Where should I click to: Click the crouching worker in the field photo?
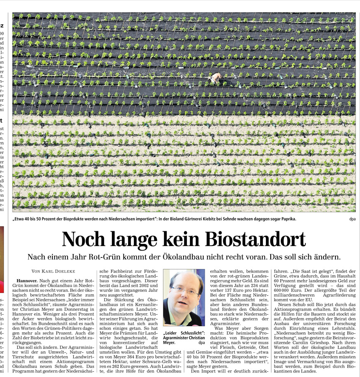point(216,78)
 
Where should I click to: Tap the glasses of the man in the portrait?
point(185,291)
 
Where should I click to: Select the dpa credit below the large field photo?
point(352,219)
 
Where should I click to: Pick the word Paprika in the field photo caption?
point(287,219)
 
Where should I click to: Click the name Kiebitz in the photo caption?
point(206,219)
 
